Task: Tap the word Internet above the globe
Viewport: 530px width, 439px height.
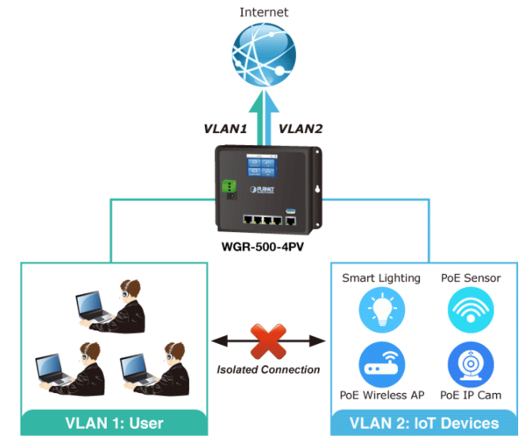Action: (264, 12)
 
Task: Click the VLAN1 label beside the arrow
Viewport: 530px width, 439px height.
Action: (225, 128)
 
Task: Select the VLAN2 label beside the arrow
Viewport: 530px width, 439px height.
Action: (301, 128)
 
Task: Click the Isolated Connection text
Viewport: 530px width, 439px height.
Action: (268, 369)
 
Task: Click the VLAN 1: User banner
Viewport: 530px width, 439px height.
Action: (114, 422)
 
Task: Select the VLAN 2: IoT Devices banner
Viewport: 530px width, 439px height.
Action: (425, 422)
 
